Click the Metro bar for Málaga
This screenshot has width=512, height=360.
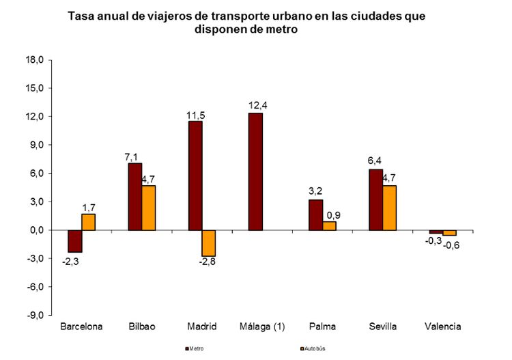(x=255, y=171)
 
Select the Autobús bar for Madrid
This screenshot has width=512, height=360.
(x=208, y=243)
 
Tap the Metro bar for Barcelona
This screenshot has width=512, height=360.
(x=74, y=241)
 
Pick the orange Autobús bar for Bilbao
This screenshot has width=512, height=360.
(x=149, y=208)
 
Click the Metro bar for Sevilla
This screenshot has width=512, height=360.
(x=375, y=199)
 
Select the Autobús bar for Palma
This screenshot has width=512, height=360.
(x=329, y=225)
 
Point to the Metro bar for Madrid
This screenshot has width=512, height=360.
(x=195, y=176)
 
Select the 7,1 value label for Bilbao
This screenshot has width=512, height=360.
(x=132, y=156)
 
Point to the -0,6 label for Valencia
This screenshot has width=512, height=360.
(x=451, y=245)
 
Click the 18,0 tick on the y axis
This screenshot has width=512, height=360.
(x=34, y=60)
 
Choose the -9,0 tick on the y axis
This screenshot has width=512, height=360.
(x=34, y=315)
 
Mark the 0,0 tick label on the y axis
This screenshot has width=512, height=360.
(x=35, y=230)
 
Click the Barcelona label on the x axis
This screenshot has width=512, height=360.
(x=81, y=327)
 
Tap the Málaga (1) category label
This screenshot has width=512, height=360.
(x=261, y=327)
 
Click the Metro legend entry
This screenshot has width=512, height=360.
(x=197, y=349)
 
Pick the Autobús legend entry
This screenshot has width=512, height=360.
(x=313, y=349)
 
